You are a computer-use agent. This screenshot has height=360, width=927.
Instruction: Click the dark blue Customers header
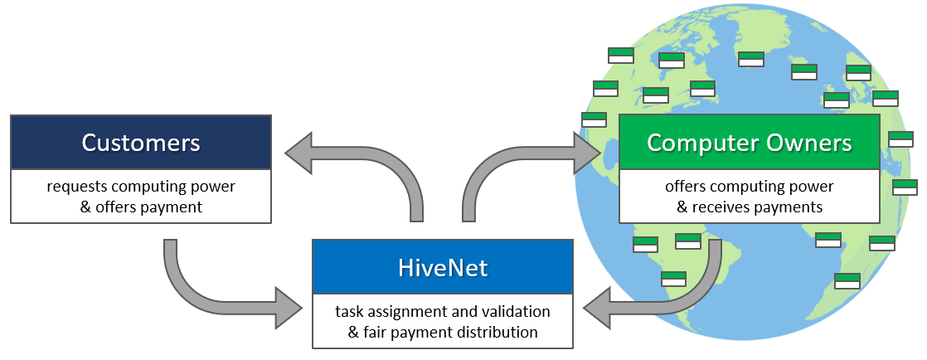(141, 143)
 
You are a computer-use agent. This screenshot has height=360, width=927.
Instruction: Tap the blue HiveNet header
(442, 267)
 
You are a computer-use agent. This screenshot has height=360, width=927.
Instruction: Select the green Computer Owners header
(749, 143)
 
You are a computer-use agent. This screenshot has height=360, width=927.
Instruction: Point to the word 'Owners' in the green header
(812, 143)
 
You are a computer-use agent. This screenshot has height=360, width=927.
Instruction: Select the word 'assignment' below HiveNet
(404, 312)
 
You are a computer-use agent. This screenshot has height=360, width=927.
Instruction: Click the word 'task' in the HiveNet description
(349, 312)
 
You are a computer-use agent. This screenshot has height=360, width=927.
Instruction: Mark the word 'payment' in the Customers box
(171, 207)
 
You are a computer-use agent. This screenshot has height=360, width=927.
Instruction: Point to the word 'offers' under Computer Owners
(684, 187)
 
